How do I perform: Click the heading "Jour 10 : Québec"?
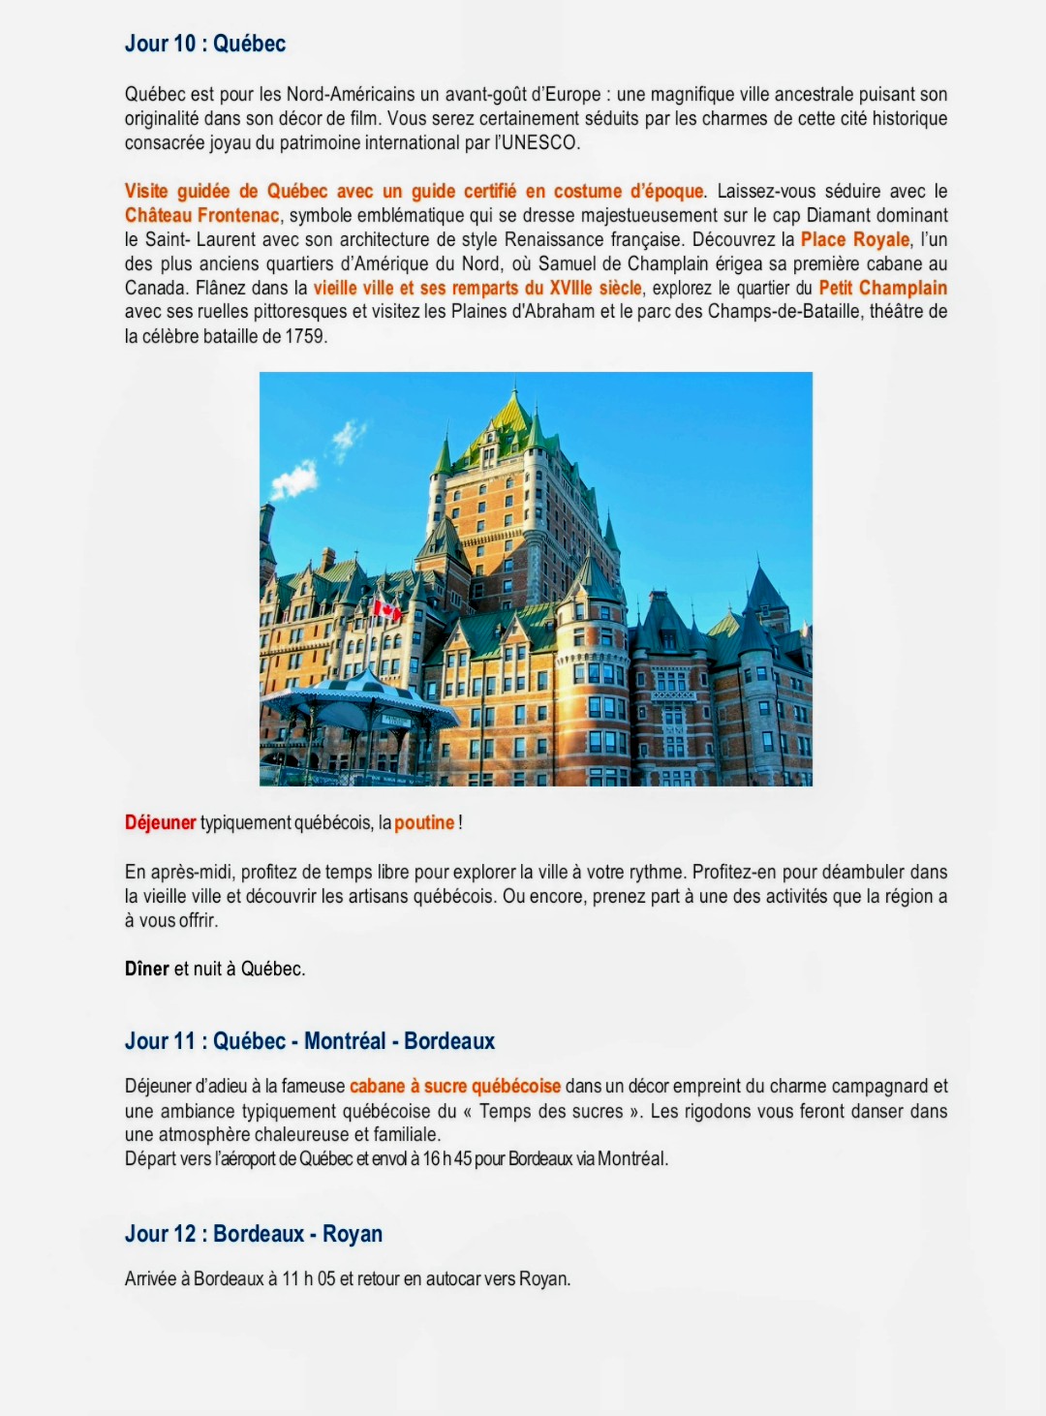[205, 44]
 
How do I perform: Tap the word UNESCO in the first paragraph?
[538, 143]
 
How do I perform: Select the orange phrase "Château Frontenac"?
[201, 215]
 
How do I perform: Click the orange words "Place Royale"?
[854, 239]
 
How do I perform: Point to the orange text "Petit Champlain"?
[882, 288]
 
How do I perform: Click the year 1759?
[305, 336]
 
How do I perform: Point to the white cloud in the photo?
[294, 478]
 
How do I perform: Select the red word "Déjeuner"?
[161, 822]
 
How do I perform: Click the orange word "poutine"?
[424, 822]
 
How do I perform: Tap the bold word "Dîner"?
[146, 969]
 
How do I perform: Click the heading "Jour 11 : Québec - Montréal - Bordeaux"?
[310, 1041]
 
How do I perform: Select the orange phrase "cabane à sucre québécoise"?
[455, 1086]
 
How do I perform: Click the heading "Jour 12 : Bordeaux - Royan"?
[254, 1234]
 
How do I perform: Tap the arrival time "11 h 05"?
[308, 1278]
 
